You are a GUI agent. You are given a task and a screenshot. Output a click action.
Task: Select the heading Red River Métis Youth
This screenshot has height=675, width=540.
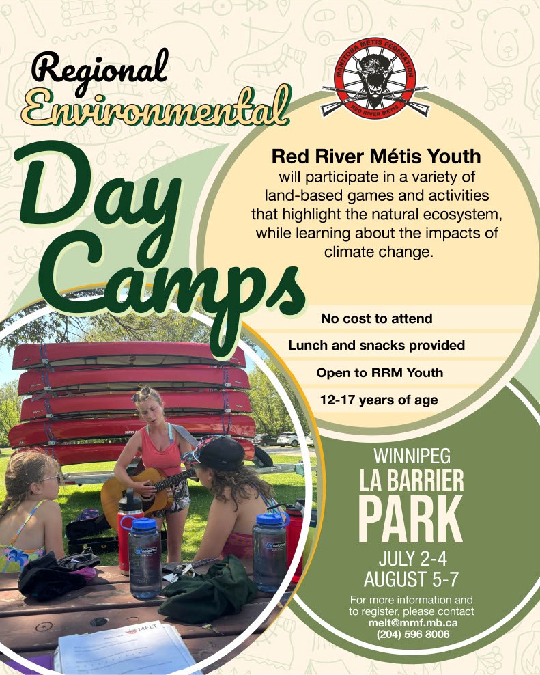[376, 156]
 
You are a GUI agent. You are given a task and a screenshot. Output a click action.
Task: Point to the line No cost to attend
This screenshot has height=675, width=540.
[376, 318]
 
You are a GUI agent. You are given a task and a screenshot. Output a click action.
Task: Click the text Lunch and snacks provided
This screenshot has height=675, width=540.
[376, 345]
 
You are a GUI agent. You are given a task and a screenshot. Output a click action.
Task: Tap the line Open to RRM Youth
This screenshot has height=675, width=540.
[380, 373]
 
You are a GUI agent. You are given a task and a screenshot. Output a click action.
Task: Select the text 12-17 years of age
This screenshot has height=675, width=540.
[379, 400]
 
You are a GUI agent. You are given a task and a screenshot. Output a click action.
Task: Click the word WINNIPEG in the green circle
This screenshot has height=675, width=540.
[412, 456]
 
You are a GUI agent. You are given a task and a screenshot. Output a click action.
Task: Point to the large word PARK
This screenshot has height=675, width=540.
[410, 520]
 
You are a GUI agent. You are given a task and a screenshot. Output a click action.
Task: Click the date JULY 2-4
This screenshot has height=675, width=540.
[412, 559]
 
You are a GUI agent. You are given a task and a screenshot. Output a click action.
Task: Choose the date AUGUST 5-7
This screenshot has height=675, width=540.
[412, 579]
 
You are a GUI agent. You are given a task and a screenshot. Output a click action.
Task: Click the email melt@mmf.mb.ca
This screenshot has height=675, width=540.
[412, 623]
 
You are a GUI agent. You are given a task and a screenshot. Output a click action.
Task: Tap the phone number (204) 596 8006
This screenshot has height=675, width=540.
[412, 634]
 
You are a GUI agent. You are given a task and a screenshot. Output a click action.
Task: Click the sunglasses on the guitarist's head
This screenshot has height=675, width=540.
[141, 393]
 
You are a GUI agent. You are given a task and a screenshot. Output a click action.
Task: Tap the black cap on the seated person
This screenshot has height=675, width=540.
[219, 453]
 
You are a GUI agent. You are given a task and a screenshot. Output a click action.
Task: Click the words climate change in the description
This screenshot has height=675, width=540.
[378, 252]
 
